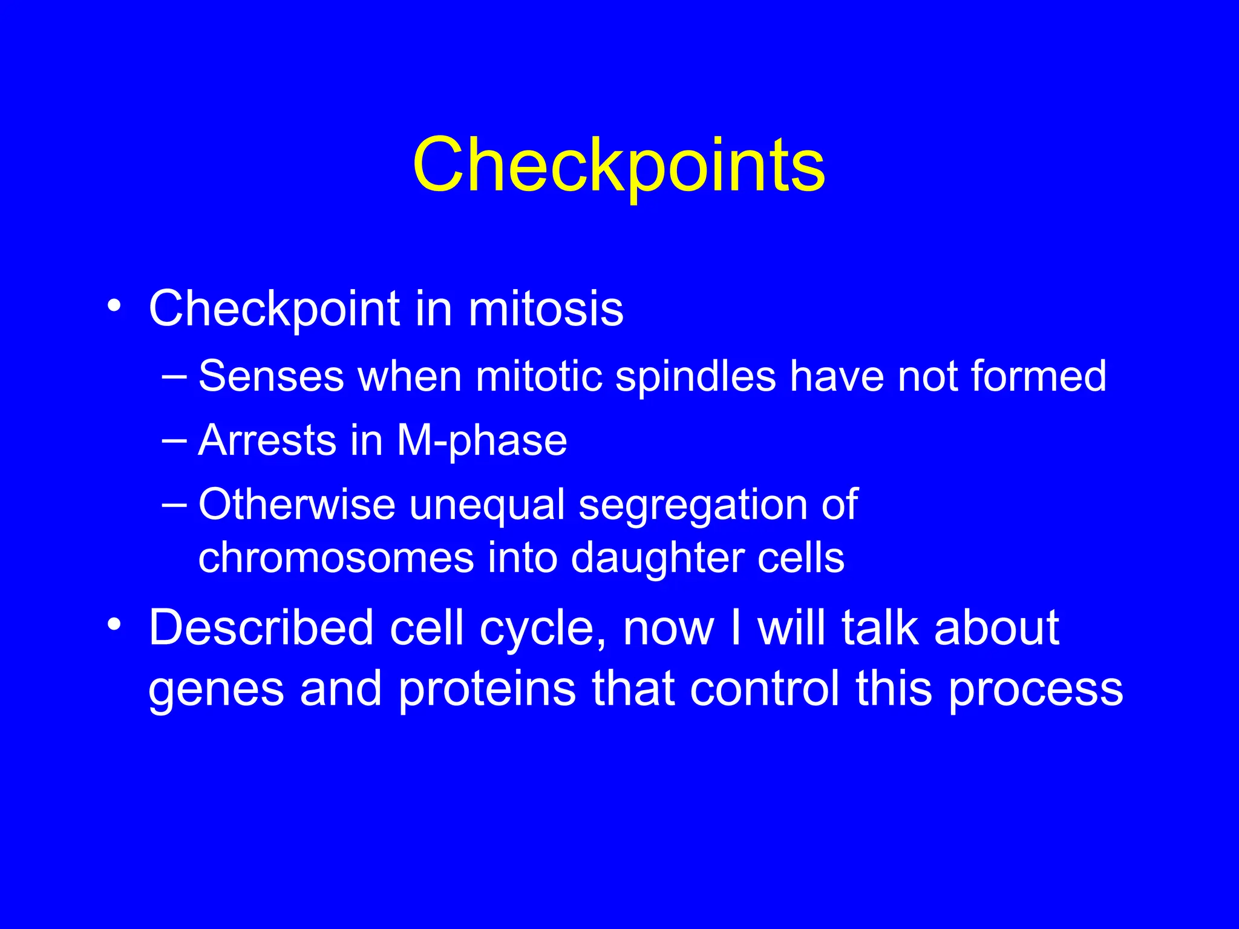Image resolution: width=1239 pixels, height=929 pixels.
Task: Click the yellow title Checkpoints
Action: pos(618,165)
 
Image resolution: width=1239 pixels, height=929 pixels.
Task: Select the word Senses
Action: pos(271,377)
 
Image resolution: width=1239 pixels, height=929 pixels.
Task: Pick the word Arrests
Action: pos(267,440)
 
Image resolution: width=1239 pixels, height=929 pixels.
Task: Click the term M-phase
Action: pos(482,442)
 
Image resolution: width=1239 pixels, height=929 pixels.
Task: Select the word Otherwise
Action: pos(296,504)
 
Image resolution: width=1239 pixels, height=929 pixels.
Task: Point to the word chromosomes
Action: pos(336,558)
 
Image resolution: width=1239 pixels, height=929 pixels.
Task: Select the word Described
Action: pos(261,628)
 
